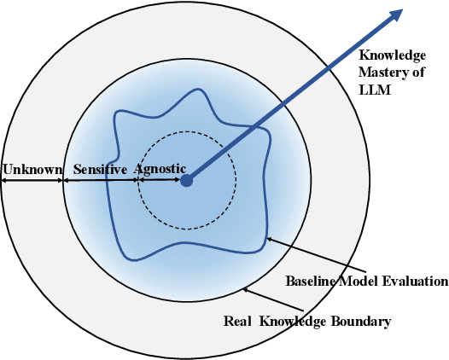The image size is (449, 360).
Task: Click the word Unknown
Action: click(32, 170)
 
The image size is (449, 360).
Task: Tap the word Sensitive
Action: click(100, 170)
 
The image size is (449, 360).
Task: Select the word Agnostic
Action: click(160, 170)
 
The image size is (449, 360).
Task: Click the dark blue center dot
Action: click(187, 180)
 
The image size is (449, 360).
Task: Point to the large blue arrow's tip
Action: click(399, 10)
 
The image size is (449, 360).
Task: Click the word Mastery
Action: click(379, 72)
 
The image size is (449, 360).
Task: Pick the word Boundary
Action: click(361, 322)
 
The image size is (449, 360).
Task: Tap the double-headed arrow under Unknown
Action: click(32, 180)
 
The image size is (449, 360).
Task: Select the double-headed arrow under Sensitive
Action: click(101, 180)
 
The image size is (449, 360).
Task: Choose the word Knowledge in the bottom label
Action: click(290, 322)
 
